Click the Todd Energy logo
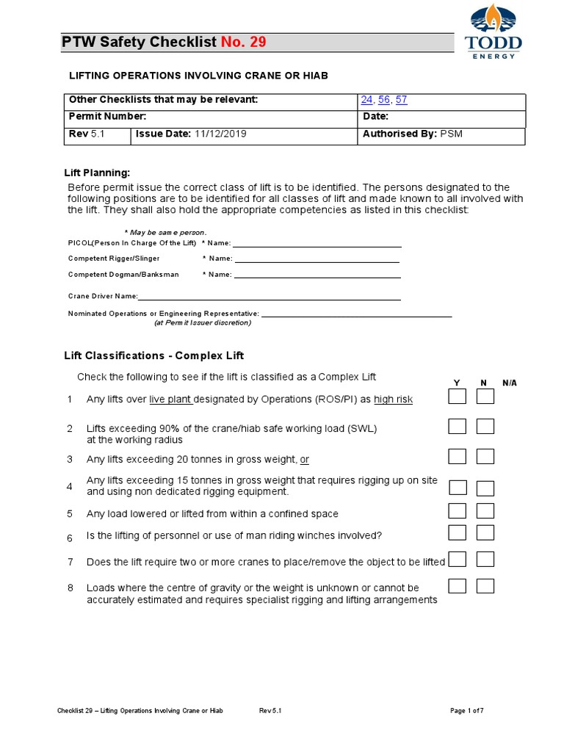click(493, 32)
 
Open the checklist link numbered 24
click(367, 100)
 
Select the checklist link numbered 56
click(384, 100)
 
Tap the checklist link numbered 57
click(401, 100)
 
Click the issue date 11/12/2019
click(220, 134)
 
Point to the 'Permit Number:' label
click(107, 117)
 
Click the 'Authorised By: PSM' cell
click(413, 134)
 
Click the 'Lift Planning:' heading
click(97, 173)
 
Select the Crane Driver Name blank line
click(269, 299)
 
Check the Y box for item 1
click(458, 397)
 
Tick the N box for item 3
click(485, 457)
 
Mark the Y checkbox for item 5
click(458, 511)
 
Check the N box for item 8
click(485, 585)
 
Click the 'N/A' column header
click(510, 383)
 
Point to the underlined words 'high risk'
click(394, 399)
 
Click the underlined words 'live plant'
click(170, 399)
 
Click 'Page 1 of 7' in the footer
click(466, 711)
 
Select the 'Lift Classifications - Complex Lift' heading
click(154, 355)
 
